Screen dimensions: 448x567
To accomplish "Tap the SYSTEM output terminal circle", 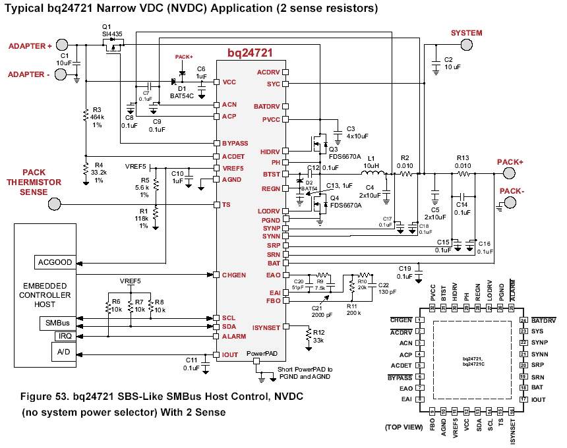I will (465, 45).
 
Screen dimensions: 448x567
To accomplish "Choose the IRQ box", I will (65, 337).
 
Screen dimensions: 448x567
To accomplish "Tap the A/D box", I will (65, 352).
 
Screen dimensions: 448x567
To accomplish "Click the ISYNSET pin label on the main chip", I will (266, 327).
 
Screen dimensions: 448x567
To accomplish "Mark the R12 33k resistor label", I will (319, 337).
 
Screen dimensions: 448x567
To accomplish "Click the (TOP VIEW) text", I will (403, 427).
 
